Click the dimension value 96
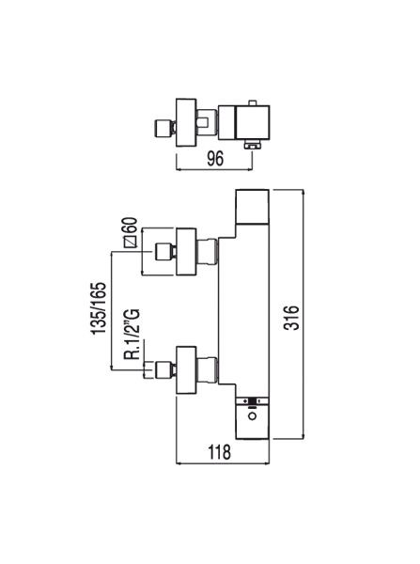click(215, 159)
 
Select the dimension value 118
click(219, 452)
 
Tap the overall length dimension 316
click(291, 318)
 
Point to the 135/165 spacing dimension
click(99, 308)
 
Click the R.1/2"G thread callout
click(132, 334)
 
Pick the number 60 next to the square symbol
click(132, 226)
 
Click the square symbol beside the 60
click(131, 242)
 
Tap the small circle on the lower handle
click(253, 416)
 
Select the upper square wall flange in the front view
click(186, 252)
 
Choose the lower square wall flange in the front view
click(186, 370)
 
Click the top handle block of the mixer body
click(252, 206)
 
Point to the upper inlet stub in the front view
click(163, 252)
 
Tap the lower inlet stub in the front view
click(163, 370)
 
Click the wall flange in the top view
click(186, 122)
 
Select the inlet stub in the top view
click(163, 129)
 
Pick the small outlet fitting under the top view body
click(253, 145)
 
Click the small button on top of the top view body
click(253, 103)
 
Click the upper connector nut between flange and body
click(208, 252)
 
